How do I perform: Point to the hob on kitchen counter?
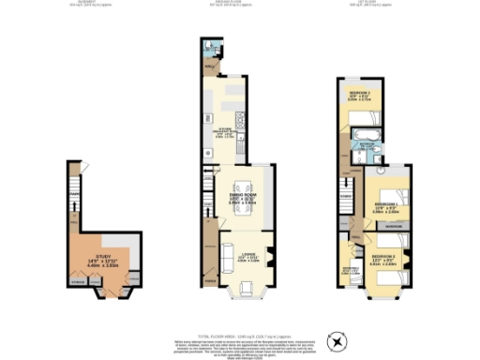coord(239,120)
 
